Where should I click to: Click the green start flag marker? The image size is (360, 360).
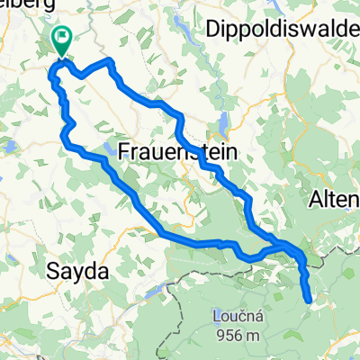pos(62,40)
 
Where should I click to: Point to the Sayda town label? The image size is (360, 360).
pos(76,270)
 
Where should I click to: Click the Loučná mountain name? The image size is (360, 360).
pos(238,317)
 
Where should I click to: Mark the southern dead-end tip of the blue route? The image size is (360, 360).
pos(310,301)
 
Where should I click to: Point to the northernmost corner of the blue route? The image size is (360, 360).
pos(110,60)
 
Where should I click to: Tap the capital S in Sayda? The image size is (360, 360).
pos(51,270)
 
